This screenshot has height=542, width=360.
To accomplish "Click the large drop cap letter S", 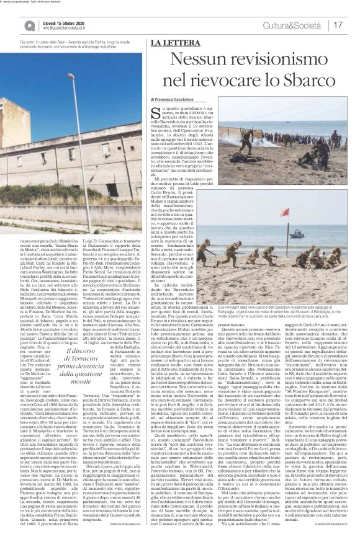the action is pyautogui.click(x=155, y=113).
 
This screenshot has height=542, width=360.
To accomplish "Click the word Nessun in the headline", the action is pyautogui.click(x=200, y=60).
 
